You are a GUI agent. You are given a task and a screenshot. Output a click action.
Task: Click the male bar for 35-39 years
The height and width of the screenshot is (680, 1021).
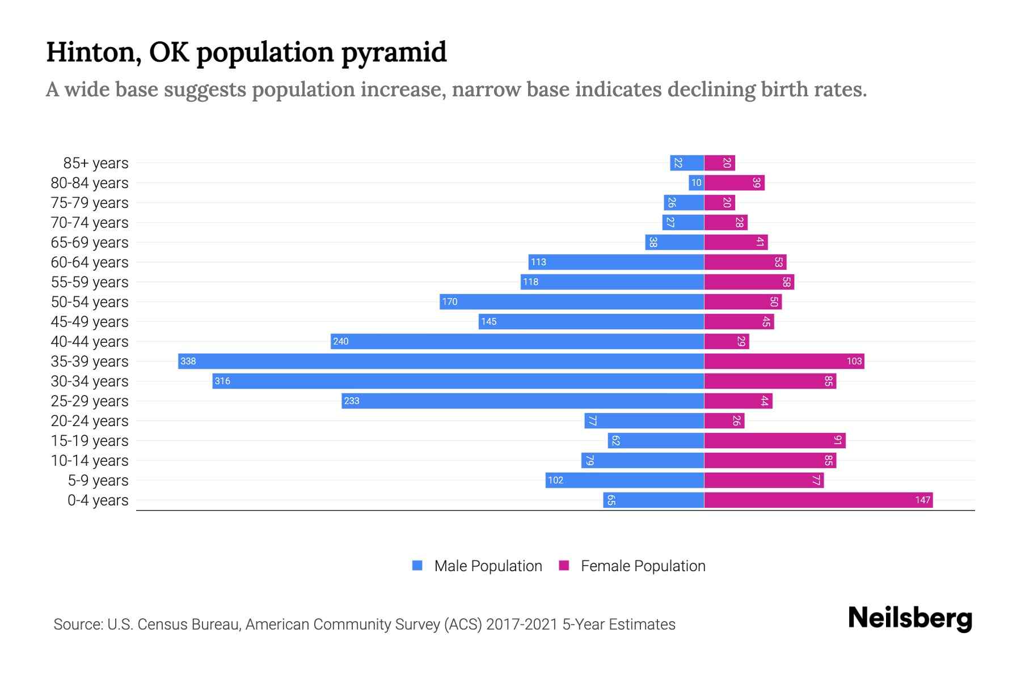[441, 361]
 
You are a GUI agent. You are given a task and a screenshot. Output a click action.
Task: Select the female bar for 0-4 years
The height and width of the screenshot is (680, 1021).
[818, 500]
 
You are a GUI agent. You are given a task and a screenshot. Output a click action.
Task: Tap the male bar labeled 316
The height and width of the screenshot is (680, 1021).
[458, 381]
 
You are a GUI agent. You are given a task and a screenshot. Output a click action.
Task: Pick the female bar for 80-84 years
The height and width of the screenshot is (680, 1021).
[734, 182]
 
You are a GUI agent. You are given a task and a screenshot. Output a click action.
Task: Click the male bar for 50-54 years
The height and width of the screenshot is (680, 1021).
[572, 301]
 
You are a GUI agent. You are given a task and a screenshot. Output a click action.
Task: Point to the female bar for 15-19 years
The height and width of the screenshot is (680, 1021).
[775, 440]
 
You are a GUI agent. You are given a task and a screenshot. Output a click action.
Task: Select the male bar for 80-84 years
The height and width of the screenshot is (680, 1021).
[696, 182]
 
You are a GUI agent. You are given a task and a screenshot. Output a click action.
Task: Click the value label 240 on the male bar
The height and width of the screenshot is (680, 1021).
[341, 341]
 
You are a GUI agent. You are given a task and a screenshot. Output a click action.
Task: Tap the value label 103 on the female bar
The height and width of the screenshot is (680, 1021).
[854, 361]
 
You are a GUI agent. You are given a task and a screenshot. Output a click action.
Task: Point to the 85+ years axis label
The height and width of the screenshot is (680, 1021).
[95, 163]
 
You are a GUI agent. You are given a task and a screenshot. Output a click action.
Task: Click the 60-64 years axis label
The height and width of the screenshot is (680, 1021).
[90, 262]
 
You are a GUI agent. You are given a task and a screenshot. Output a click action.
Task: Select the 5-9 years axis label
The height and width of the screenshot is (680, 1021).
[98, 481]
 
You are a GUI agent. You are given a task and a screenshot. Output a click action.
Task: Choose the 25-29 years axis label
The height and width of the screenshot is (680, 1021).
[90, 401]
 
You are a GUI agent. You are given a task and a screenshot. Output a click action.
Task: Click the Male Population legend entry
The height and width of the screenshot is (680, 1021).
[487, 566]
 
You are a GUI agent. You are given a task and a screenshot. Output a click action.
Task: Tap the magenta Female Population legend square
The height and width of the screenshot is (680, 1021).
[564, 566]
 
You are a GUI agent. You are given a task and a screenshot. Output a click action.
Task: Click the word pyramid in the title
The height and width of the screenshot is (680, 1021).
[394, 53]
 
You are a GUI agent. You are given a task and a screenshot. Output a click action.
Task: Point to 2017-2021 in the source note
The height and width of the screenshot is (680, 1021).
[521, 624]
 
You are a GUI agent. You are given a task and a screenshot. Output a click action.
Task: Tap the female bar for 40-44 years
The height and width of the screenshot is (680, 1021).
[726, 341]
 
